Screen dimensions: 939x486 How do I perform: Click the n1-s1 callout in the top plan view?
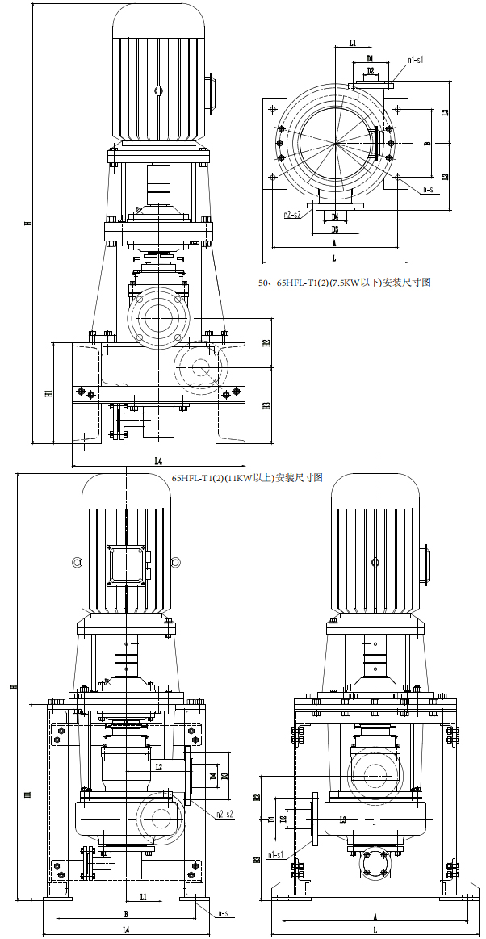[416, 60]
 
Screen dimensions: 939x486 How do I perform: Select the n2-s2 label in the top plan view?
[292, 215]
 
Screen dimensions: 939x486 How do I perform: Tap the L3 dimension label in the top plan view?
[445, 113]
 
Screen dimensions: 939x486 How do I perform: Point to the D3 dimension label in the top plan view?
[334, 229]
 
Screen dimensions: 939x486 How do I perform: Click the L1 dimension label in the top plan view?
[353, 42]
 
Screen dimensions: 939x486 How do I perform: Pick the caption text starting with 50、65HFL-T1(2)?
[344, 283]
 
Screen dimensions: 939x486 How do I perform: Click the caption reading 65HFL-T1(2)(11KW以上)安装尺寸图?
[247, 478]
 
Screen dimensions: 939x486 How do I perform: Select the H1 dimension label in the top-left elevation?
[49, 393]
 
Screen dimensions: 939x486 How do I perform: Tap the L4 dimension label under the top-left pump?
[158, 461]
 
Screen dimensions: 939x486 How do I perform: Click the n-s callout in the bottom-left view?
[224, 914]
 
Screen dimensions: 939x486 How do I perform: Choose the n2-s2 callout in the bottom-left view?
[224, 814]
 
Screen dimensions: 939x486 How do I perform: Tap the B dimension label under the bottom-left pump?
[126, 914]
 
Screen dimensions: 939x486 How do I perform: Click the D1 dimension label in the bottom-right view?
[271, 820]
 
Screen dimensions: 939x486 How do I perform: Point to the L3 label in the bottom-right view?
[342, 820]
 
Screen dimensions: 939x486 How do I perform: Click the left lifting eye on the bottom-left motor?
[77, 563]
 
